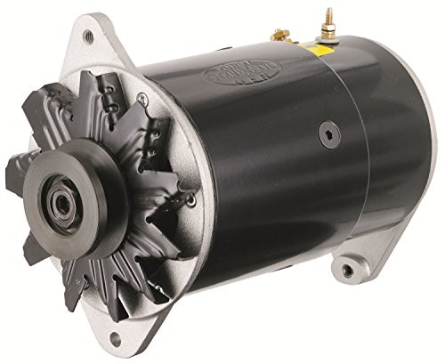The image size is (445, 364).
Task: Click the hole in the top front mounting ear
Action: [x=88, y=37]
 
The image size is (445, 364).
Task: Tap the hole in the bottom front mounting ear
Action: [x=114, y=339]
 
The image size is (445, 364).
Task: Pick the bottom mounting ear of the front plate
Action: [x=114, y=335]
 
